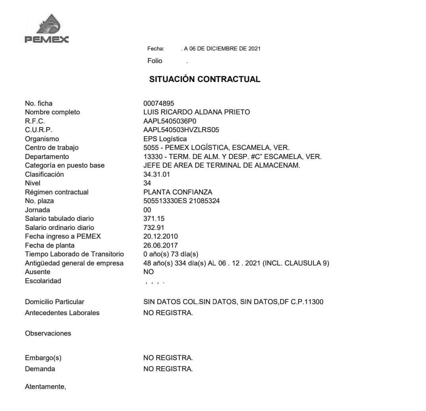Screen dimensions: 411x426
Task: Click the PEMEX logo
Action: [x=47, y=29]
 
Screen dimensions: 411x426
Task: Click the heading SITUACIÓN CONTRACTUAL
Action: [x=205, y=79]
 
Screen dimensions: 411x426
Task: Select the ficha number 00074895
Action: [x=159, y=104]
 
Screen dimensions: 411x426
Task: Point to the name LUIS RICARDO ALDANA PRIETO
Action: [x=196, y=112]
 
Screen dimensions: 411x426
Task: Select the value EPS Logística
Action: [x=165, y=139]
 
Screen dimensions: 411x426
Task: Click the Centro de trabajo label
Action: [x=52, y=148]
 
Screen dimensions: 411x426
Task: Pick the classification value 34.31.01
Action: [x=157, y=174]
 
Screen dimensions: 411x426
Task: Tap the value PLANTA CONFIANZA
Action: [x=177, y=192]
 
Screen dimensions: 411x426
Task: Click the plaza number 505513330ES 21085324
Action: [x=181, y=201]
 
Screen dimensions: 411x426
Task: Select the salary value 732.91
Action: [x=154, y=228]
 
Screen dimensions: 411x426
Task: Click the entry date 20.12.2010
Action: [x=161, y=237]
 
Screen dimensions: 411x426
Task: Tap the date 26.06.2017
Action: [x=161, y=245]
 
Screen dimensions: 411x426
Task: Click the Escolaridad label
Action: [x=43, y=281]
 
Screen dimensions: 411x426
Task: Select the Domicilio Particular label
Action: [x=54, y=302]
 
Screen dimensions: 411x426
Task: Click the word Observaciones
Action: [x=48, y=333]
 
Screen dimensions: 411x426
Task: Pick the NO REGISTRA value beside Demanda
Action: [x=168, y=369]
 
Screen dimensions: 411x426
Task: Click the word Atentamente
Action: [x=45, y=387]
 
